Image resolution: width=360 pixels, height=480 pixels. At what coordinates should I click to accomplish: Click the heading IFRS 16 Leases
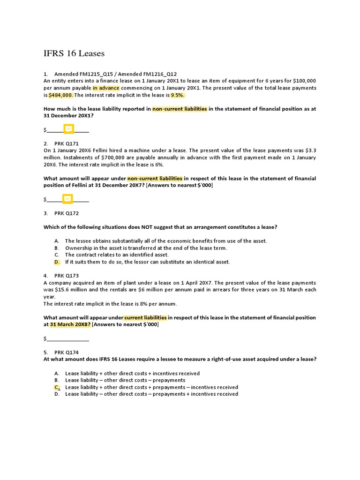74,53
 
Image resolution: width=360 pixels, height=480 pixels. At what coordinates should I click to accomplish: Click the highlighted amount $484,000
61,95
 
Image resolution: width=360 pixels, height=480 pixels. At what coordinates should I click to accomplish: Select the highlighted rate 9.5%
178,95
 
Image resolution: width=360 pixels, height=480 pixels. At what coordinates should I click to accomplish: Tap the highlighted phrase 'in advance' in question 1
106,88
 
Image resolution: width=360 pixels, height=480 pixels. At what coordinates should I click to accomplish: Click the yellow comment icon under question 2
67,199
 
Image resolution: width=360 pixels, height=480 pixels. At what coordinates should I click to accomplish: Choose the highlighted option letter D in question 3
57,262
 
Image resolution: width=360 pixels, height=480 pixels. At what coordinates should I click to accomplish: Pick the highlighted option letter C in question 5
57,387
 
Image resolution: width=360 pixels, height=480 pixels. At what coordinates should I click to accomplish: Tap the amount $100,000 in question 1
304,81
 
